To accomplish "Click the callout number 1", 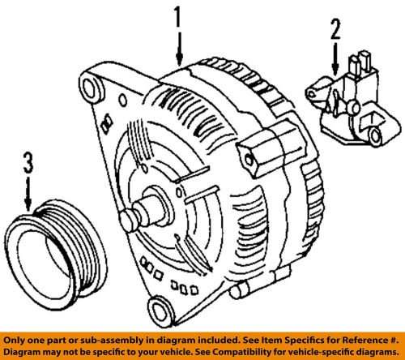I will [177, 17].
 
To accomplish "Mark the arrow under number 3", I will [29, 199].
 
